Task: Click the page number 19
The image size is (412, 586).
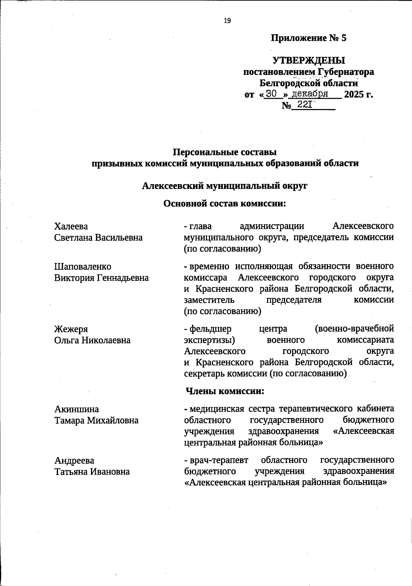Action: pos(227,21)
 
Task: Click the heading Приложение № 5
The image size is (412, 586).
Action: pos(309,38)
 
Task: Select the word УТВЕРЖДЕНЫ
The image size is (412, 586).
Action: pos(309,61)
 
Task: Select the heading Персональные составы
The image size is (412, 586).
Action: pos(225,152)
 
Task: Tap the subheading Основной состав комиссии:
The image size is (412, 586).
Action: pos(225,204)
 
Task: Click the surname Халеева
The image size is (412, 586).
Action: pos(71,226)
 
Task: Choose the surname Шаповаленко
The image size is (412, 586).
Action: pos(83,266)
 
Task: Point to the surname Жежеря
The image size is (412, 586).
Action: pos(71,329)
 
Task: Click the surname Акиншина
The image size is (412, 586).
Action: pos(77,409)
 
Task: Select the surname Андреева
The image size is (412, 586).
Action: pos(74,461)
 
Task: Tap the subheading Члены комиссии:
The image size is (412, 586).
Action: pos(225,391)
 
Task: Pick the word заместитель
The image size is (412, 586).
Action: pos(209,300)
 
